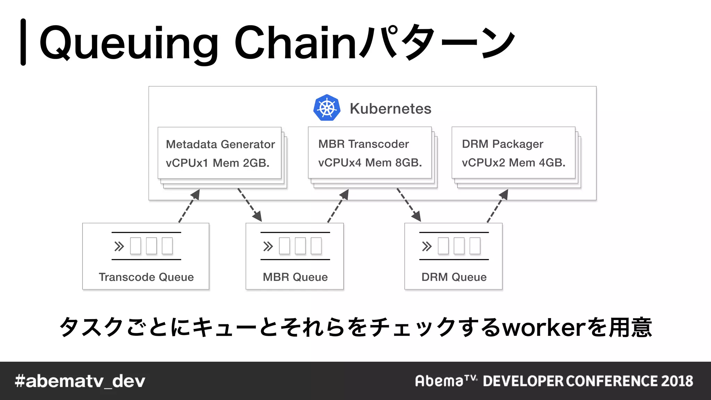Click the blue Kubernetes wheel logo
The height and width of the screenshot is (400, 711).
pyautogui.click(x=326, y=108)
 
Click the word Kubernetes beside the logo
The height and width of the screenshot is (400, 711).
pyautogui.click(x=390, y=109)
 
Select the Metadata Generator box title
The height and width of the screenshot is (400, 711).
pyautogui.click(x=220, y=144)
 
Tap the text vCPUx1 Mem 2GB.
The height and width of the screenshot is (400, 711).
pyautogui.click(x=218, y=163)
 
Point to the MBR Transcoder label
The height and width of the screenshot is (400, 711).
pyautogui.click(x=363, y=144)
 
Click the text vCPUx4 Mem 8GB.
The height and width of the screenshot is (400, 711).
pyautogui.click(x=370, y=162)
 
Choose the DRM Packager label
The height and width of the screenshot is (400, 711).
pyautogui.click(x=502, y=144)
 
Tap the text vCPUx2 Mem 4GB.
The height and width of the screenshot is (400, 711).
pyautogui.click(x=513, y=162)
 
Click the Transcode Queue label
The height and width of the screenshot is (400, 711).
pyautogui.click(x=146, y=277)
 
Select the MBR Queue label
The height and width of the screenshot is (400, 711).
pyautogui.click(x=295, y=277)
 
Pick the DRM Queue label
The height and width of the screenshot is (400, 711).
pyautogui.click(x=454, y=277)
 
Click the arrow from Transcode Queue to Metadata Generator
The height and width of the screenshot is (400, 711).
pyautogui.click(x=189, y=206)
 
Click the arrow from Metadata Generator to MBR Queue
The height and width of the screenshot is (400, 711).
pyautogui.click(x=250, y=205)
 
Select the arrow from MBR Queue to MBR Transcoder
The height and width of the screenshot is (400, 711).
pyautogui.click(x=338, y=206)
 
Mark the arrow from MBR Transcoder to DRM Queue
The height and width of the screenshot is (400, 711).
pyautogui.click(x=409, y=205)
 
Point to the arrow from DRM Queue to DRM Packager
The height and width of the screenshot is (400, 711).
pyautogui.click(x=497, y=206)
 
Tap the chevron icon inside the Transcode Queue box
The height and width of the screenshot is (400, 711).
pyautogui.click(x=119, y=247)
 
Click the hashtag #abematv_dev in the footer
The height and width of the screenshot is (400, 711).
pyautogui.click(x=80, y=381)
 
